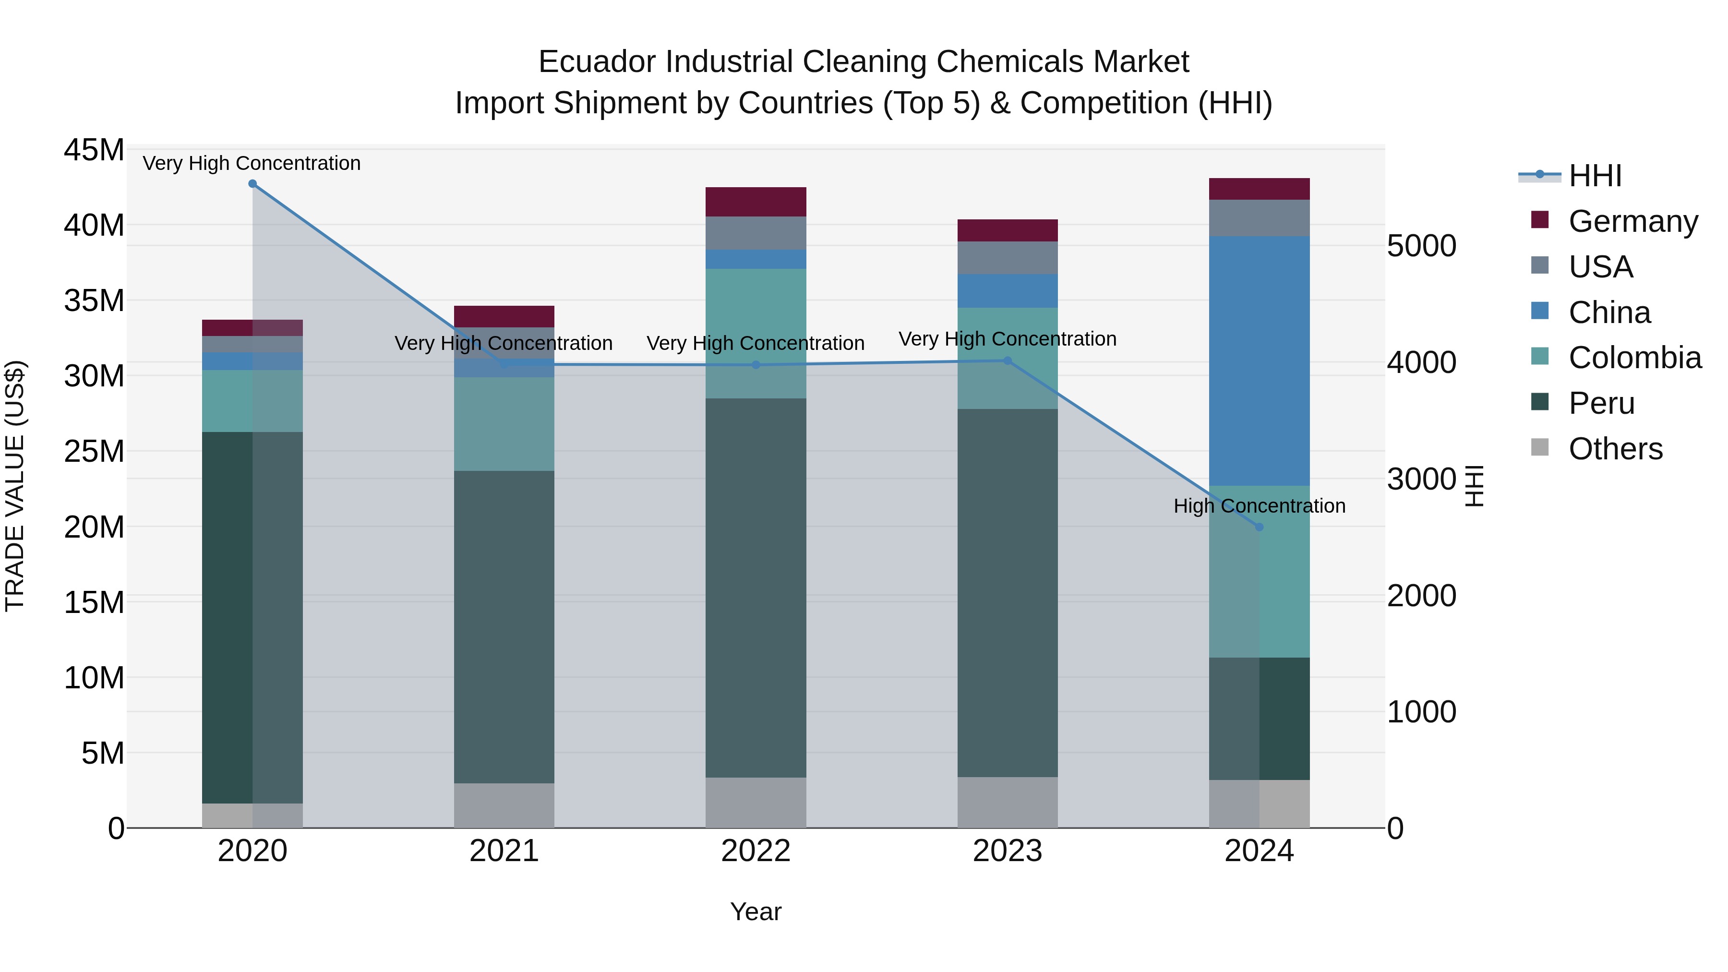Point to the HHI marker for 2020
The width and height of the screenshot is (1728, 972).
[252, 184]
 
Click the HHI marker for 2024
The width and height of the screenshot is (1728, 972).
[1259, 527]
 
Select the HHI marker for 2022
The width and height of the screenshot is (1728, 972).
[756, 365]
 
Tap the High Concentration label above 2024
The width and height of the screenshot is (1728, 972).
[1259, 506]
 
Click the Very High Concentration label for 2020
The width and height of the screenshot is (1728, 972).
[252, 163]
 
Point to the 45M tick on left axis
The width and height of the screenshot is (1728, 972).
[94, 150]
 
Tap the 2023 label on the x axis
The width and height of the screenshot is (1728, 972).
[1007, 851]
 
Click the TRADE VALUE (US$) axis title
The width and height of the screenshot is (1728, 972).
[15, 486]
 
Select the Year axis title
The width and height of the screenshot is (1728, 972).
[756, 912]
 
